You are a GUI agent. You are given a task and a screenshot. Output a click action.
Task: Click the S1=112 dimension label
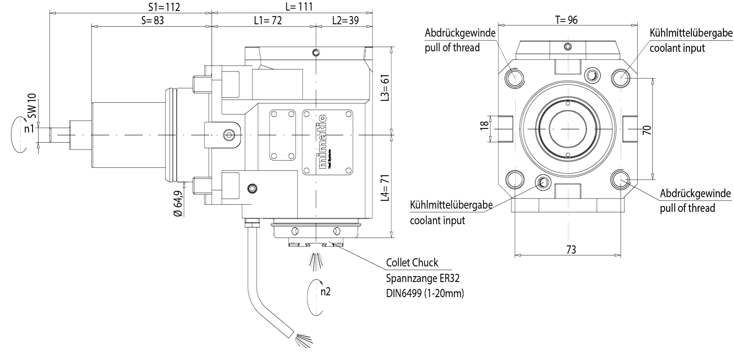(x=164, y=7)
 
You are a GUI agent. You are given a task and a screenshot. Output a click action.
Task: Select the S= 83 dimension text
(x=152, y=20)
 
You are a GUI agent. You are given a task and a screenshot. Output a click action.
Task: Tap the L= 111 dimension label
(x=299, y=6)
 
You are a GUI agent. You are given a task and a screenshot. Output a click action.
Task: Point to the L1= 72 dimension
(x=267, y=20)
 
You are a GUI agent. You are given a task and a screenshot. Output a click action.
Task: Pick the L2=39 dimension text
(x=345, y=20)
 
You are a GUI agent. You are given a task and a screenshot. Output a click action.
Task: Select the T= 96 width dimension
(x=566, y=20)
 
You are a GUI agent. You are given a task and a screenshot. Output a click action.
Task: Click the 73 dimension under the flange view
(x=571, y=249)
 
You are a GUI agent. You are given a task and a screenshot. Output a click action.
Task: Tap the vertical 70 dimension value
(x=647, y=130)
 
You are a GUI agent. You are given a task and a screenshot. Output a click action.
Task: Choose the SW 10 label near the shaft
(x=32, y=107)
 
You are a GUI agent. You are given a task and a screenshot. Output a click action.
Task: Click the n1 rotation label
(x=29, y=129)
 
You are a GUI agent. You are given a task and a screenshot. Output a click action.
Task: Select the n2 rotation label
(x=325, y=292)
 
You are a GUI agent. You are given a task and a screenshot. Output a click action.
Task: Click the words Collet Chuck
(x=412, y=263)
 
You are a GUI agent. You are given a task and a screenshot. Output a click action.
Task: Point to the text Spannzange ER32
(x=423, y=278)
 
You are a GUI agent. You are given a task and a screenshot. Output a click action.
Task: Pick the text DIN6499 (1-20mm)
(x=425, y=293)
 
